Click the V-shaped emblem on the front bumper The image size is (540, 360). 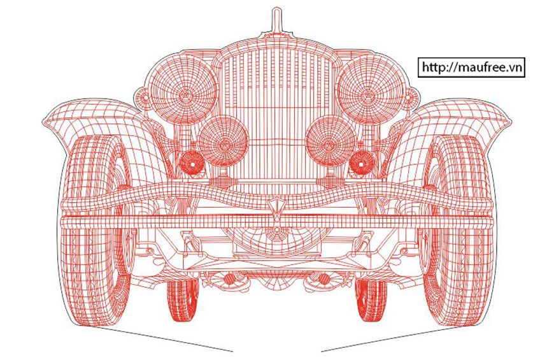[276, 210]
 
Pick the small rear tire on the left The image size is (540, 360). [183, 300]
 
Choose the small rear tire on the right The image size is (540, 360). [371, 300]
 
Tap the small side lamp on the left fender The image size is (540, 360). [142, 97]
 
